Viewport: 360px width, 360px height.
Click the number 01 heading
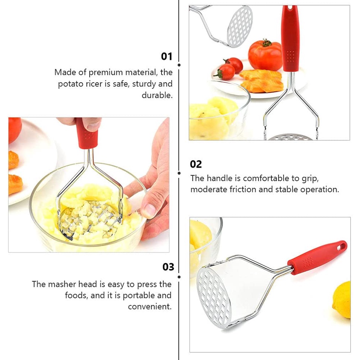tap(166, 56)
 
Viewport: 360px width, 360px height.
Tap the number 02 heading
tap(195, 165)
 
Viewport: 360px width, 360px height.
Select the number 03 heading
tap(168, 267)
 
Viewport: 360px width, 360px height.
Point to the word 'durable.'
tap(157, 95)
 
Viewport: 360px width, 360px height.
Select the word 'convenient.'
tap(150, 306)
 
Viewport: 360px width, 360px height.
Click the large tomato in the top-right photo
tap(265, 55)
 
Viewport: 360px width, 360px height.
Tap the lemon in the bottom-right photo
tap(342, 300)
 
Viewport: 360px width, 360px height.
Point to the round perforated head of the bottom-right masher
tap(214, 298)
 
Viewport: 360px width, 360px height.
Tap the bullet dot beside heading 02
tap(179, 173)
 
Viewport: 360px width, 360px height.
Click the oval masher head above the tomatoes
tap(240, 27)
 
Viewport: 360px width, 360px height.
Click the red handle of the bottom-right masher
tap(317, 258)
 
